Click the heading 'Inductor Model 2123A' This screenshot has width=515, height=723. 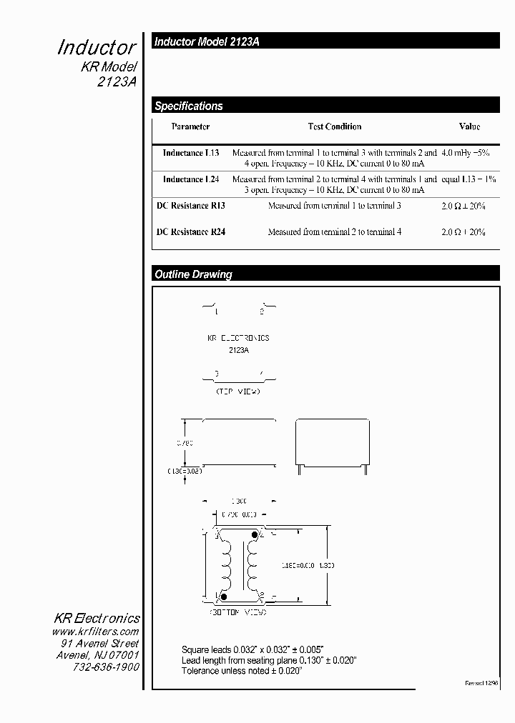(207, 42)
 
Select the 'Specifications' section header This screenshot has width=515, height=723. (189, 106)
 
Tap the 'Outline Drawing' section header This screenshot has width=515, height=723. (194, 274)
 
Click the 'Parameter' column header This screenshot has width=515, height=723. (190, 126)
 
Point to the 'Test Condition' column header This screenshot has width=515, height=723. (334, 126)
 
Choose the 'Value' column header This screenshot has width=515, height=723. (469, 126)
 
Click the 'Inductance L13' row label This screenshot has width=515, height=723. (191, 153)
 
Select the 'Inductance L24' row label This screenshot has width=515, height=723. (191, 179)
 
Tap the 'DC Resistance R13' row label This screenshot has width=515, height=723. (191, 206)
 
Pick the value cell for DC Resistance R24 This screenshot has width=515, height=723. (463, 232)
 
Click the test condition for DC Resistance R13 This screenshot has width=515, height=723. (334, 206)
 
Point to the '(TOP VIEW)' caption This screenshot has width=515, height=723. (238, 392)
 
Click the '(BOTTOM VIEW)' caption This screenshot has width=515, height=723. (238, 613)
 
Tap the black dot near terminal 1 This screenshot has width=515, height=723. (224, 596)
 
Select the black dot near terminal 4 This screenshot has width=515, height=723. (252, 532)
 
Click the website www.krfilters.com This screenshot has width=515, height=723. (95, 632)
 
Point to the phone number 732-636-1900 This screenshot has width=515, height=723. (106, 667)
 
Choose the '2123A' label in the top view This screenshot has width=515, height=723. (238, 351)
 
